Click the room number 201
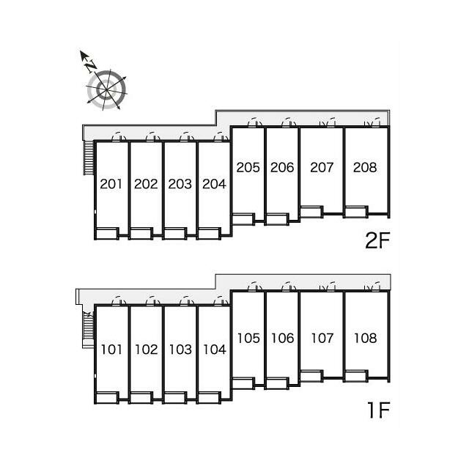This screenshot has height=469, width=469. click(x=111, y=184)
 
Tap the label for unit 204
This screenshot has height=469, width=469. click(x=214, y=184)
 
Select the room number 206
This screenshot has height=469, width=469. click(x=282, y=168)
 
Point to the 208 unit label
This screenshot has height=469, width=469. click(x=365, y=168)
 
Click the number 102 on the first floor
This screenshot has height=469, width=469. click(x=147, y=350)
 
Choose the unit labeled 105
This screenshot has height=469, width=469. click(x=248, y=339)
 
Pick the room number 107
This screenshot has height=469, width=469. click(x=322, y=339)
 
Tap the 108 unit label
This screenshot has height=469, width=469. click(x=365, y=339)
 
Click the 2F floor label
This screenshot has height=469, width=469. click(x=378, y=240)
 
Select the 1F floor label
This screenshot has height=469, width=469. click(x=379, y=410)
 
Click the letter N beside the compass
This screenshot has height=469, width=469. click(x=91, y=67)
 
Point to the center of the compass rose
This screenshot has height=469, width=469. click(x=106, y=89)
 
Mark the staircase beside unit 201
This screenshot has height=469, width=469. click(x=89, y=158)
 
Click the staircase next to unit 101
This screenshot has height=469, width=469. click(x=88, y=329)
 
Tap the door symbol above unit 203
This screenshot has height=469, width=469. click(x=187, y=136)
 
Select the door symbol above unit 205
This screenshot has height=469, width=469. click(x=255, y=122)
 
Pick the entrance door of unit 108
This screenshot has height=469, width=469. click(x=372, y=287)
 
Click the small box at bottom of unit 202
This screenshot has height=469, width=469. click(x=141, y=234)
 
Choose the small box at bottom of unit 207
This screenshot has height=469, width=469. click(x=311, y=212)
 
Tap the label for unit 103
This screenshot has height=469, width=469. click(x=180, y=350)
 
